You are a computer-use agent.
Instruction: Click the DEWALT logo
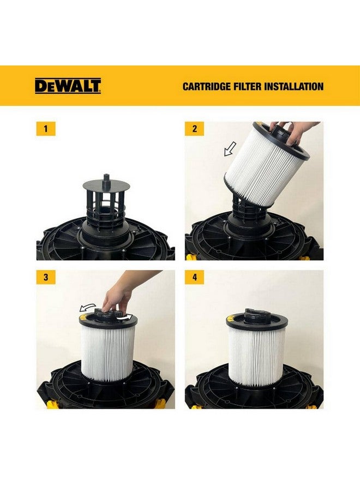click(x=68, y=86)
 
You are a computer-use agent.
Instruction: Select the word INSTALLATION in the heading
click(x=295, y=86)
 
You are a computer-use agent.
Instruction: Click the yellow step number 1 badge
click(x=46, y=129)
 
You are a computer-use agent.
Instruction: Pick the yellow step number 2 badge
click(x=195, y=129)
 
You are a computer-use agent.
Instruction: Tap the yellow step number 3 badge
click(x=46, y=277)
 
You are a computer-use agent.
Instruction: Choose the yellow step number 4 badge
click(x=195, y=277)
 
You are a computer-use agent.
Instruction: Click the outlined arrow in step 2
click(x=231, y=148)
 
